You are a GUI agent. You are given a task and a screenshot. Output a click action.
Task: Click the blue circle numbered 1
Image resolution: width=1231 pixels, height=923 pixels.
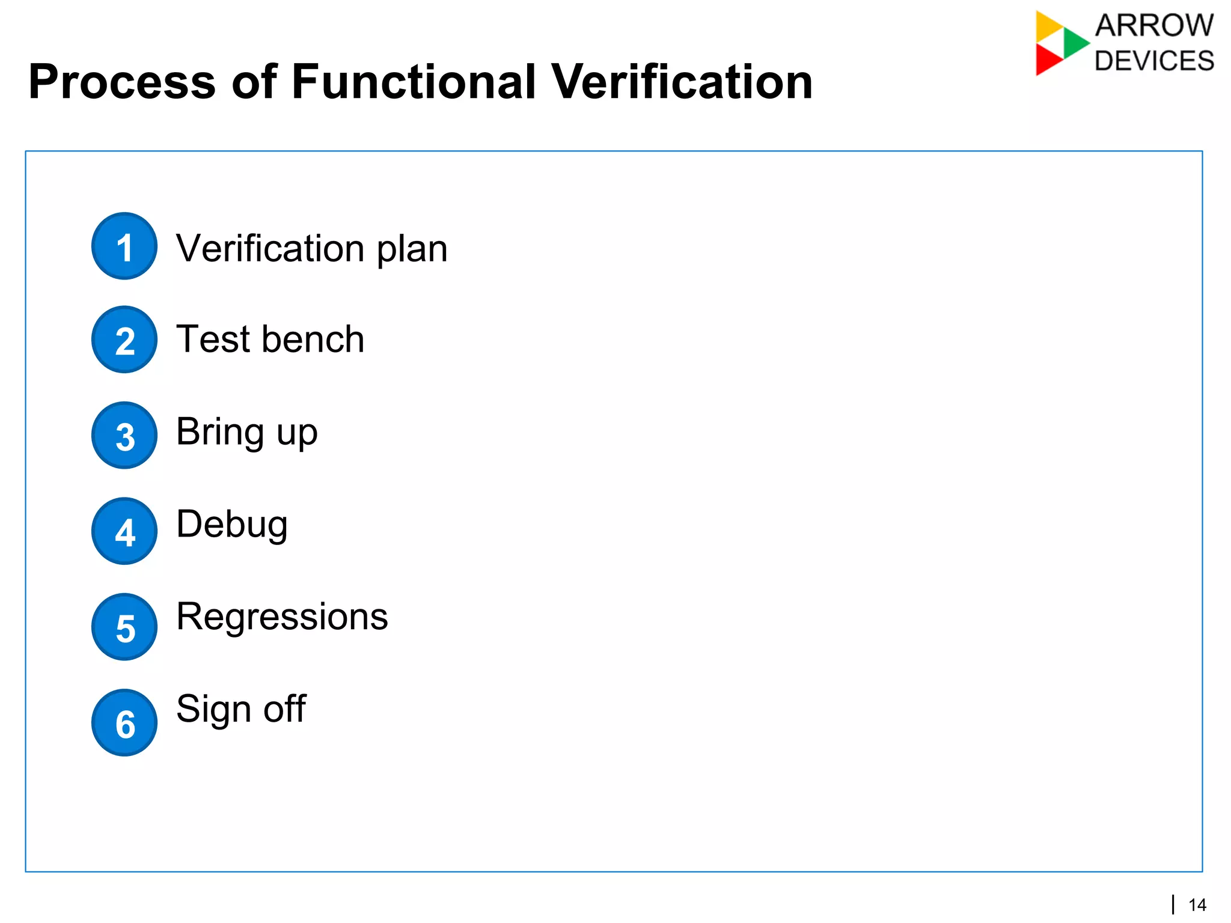click(124, 246)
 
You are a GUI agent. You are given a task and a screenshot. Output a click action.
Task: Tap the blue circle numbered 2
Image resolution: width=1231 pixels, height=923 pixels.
click(124, 340)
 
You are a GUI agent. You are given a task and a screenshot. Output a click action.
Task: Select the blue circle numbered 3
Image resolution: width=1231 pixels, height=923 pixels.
click(124, 436)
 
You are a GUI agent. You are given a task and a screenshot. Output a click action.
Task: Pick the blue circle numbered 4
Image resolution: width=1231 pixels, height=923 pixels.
click(124, 531)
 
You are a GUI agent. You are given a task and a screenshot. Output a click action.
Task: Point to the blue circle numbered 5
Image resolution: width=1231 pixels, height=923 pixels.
click(124, 627)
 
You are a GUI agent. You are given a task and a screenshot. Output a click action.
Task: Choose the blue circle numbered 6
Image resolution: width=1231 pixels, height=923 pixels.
click(124, 723)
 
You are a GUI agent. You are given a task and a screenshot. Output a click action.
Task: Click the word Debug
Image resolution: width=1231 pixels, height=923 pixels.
click(231, 525)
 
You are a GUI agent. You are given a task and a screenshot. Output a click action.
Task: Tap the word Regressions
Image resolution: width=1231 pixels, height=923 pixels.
click(282, 617)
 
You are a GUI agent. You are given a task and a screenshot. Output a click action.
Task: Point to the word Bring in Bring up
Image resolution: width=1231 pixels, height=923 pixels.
click(220, 433)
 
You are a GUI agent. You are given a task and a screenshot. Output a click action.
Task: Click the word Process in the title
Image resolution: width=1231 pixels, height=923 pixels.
click(122, 82)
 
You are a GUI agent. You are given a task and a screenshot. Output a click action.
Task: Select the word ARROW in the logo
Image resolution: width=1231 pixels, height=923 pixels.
click(1154, 26)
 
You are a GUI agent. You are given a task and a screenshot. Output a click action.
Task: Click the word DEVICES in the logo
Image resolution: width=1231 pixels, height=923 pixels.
click(1154, 61)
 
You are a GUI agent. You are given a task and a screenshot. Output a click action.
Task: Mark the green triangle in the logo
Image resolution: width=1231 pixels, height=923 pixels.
click(1074, 43)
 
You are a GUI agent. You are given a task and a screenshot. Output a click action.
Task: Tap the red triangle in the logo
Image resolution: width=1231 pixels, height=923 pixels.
click(1046, 59)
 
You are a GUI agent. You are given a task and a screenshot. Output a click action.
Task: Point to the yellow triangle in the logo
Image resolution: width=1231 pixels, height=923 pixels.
click(1047, 26)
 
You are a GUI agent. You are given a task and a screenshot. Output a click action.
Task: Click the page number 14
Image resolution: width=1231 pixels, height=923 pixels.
click(1197, 905)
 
